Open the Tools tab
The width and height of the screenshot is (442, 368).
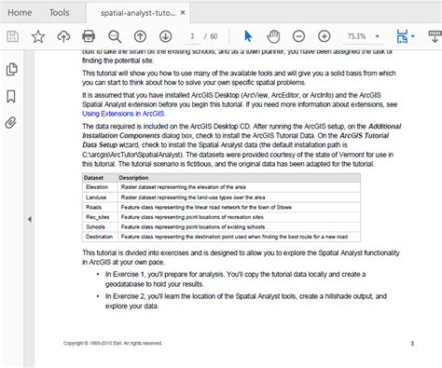point(60,12)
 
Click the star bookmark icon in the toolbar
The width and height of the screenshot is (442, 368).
point(39,37)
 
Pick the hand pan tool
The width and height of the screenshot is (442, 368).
point(273,37)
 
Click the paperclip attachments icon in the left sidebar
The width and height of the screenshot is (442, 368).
point(12,122)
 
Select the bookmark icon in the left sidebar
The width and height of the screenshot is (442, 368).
point(12,96)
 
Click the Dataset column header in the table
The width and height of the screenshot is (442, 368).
point(93,178)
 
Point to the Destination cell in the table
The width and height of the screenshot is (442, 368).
point(98,237)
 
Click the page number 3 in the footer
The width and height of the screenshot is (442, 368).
point(411,343)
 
